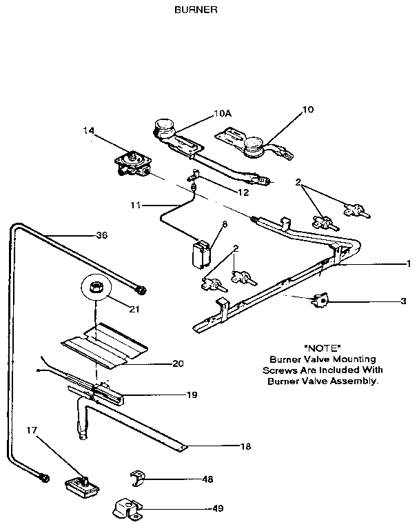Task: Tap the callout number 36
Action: click(101, 235)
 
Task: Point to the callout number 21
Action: click(134, 309)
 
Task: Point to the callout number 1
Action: click(407, 263)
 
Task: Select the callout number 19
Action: click(192, 395)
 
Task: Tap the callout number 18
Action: click(245, 446)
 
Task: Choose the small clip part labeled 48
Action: click(140, 477)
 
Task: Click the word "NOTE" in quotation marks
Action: click(323, 348)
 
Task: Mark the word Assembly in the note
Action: click(358, 381)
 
